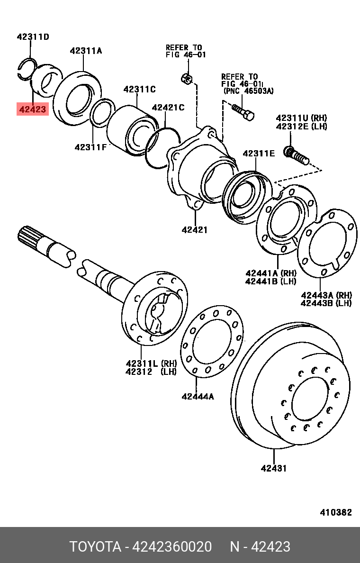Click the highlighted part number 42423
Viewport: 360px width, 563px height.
point(33,110)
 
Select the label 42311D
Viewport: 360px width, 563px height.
point(33,36)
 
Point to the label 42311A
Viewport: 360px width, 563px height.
point(86,51)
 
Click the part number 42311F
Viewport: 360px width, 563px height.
point(90,147)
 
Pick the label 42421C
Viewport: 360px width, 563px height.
point(168,108)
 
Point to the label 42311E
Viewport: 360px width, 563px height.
point(259,153)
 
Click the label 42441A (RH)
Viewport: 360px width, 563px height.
point(270,273)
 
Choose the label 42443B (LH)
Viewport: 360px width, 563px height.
point(326,303)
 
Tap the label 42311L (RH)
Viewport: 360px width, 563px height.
point(151,363)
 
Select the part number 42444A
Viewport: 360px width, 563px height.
point(198,396)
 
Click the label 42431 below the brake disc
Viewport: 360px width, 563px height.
point(274,468)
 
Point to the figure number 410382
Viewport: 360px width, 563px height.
point(335,512)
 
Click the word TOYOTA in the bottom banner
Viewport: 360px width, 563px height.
point(95,546)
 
